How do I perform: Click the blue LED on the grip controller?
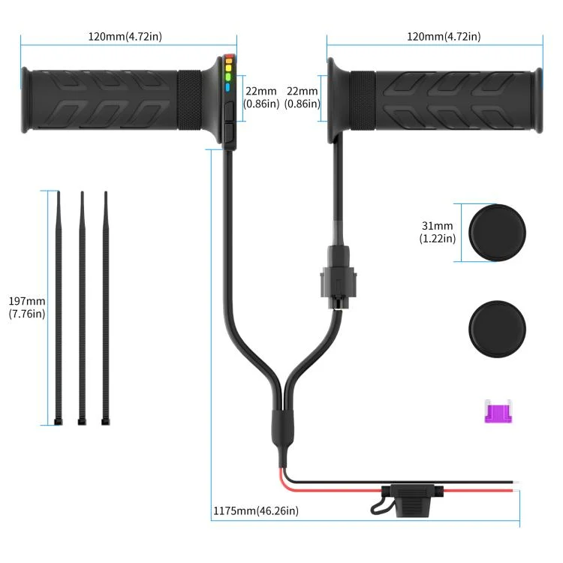(x=227, y=87)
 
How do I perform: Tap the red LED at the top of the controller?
(x=227, y=57)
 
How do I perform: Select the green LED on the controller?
(x=227, y=77)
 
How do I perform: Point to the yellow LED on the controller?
(x=227, y=67)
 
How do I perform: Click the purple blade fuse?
(x=495, y=411)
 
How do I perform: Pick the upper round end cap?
(x=497, y=233)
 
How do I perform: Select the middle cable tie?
(x=82, y=308)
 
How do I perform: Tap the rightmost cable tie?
(x=105, y=308)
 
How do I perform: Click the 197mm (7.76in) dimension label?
(x=26, y=308)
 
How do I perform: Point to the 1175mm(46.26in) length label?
(x=255, y=511)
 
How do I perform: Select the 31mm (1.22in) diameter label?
(x=437, y=232)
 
